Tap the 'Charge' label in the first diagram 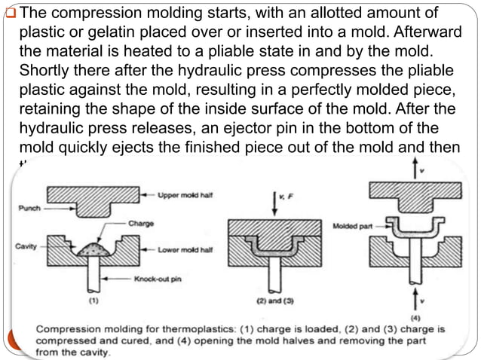pyautogui.click(x=141, y=223)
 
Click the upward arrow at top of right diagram pyautogui.click(x=413, y=169)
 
